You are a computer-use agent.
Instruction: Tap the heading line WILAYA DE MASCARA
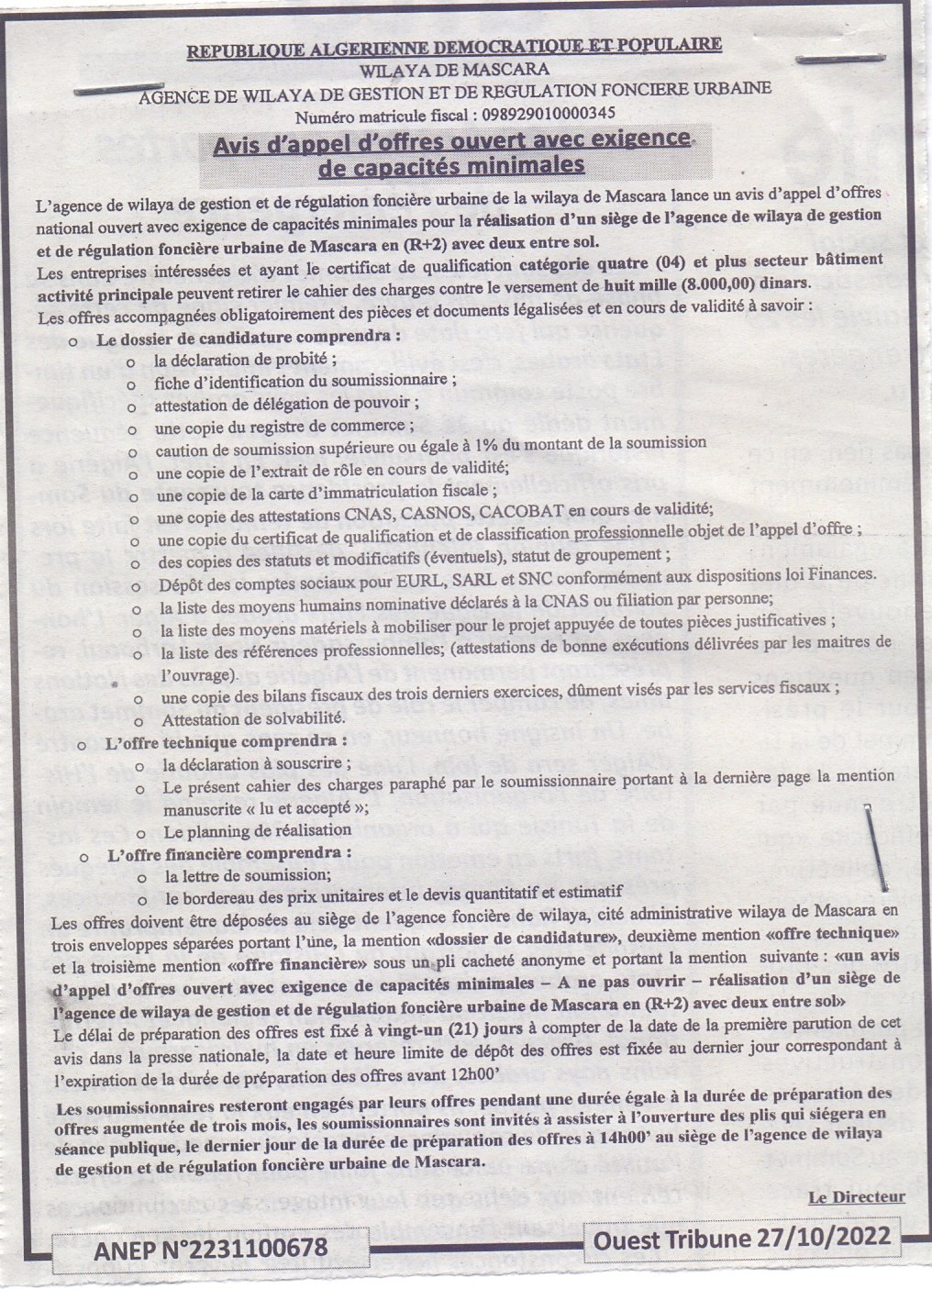(x=455, y=69)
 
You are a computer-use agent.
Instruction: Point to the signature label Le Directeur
(x=857, y=1196)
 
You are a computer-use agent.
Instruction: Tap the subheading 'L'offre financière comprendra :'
(x=229, y=852)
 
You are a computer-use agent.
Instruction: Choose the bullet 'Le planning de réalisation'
(x=257, y=829)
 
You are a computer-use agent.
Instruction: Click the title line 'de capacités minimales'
(x=450, y=166)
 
